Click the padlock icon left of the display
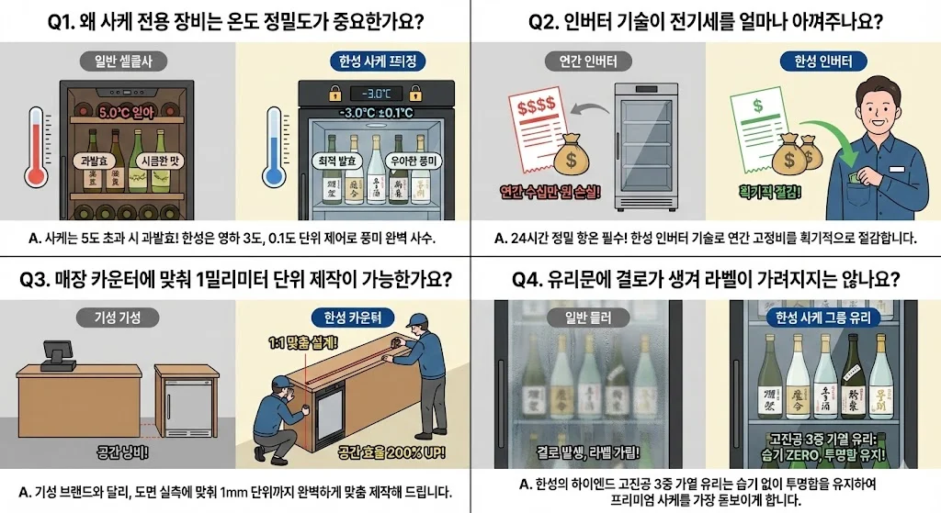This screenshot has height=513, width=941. coord(335,94)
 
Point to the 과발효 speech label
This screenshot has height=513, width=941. coord(96,160)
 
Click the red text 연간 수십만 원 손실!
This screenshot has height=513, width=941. coord(546,191)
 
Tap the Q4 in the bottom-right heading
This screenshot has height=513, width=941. coord(516,277)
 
